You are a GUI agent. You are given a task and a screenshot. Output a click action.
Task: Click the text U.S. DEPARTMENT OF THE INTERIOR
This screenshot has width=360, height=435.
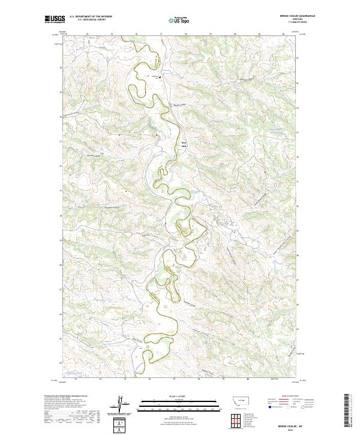91,17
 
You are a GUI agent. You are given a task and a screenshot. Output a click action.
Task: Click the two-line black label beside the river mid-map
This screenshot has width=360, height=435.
184,145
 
